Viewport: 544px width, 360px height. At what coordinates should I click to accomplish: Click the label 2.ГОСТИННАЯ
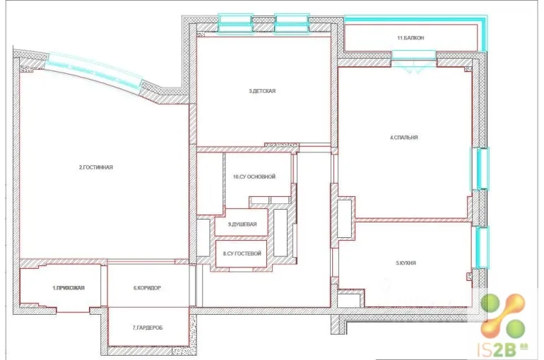pos(96,167)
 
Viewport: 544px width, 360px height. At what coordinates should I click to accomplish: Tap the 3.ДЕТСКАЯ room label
pos(262,91)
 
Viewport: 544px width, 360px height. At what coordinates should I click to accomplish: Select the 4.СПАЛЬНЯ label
pos(404,137)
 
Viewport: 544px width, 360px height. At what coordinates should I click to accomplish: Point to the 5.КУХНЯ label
pos(406,263)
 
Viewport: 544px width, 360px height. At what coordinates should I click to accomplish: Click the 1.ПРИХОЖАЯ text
pos(69,287)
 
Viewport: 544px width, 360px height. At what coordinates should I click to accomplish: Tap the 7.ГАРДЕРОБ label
pos(148,328)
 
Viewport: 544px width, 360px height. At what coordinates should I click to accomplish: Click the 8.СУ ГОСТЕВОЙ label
pos(242,253)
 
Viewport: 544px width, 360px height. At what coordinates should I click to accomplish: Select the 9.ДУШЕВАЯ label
pos(242,224)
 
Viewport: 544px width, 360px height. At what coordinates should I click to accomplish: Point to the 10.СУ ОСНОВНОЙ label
pos(254,176)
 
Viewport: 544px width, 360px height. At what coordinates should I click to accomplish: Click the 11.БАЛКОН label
pos(410,38)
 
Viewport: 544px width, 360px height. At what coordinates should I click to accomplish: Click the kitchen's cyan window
pos(482,247)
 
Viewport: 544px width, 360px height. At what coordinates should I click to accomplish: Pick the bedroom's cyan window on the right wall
pos(480,169)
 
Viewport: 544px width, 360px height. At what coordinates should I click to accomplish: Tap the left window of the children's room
pos(235,24)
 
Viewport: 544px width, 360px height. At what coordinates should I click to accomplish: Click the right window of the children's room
pos(291,24)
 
